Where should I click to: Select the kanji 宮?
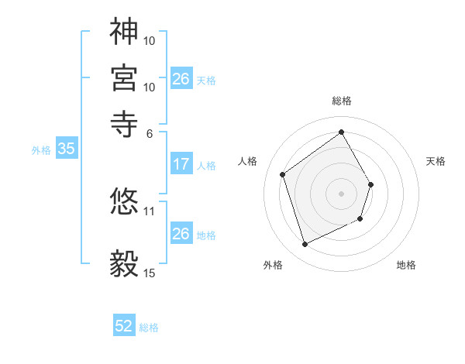pos(124,77)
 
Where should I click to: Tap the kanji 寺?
pos(124,123)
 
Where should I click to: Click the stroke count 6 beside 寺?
pos(149,132)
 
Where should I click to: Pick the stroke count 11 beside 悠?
pos(150,210)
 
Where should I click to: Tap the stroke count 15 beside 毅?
pos(150,273)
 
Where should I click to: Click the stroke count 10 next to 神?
pos(150,39)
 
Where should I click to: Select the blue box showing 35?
pos(66,149)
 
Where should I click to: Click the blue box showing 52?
pos(124,327)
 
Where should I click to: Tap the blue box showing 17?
pos(181,164)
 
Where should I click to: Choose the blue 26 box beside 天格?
pos(181,79)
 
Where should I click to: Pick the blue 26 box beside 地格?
pos(181,234)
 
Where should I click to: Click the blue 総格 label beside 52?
pos(149,328)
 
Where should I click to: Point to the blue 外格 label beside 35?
pos(40,150)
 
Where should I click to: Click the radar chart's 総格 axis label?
pos(341,101)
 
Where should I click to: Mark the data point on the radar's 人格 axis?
pos(283,175)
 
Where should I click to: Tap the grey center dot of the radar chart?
pos(341,193)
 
